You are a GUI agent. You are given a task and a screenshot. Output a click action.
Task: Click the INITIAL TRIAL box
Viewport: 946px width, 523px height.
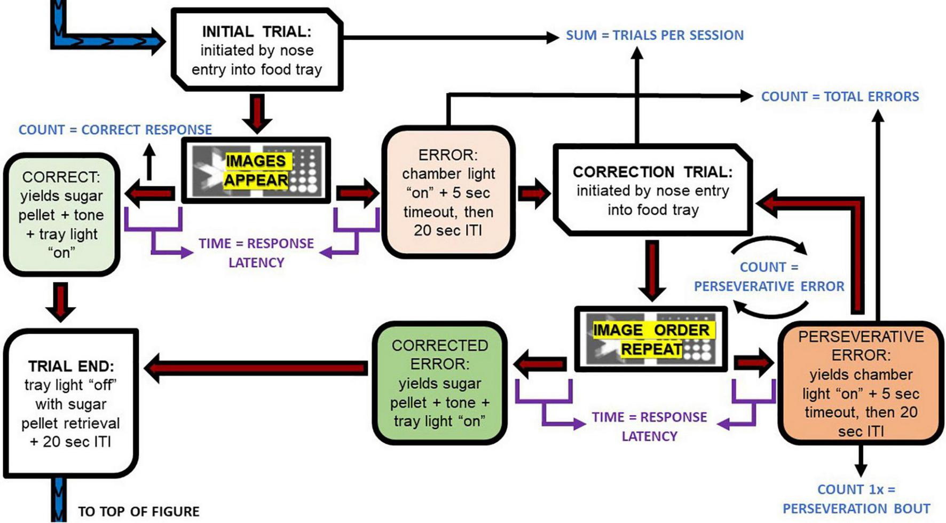pos(257,50)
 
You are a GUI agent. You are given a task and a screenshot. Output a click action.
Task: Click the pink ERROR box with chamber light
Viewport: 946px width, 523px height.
pos(448,192)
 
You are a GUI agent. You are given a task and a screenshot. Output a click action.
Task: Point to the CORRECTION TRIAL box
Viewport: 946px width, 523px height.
pos(652,190)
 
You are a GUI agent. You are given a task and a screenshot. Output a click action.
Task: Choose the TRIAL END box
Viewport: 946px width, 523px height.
pos(71,403)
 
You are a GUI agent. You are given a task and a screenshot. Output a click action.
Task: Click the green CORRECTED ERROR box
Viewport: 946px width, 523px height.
pos(439,383)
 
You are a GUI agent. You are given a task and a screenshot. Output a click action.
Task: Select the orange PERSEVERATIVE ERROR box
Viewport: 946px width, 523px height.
pos(861,383)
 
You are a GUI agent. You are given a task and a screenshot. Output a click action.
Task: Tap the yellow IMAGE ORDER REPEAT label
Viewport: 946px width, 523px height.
pos(651,339)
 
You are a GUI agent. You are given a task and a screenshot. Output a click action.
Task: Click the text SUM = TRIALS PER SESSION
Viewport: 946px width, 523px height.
pos(655,35)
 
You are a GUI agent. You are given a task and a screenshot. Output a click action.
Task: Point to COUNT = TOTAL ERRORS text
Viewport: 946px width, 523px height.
pos(840,97)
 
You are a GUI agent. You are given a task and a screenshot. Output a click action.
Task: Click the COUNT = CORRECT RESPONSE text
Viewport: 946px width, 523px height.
pos(115,130)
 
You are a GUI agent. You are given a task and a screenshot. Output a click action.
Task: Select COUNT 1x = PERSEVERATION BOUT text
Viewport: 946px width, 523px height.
pos(856,499)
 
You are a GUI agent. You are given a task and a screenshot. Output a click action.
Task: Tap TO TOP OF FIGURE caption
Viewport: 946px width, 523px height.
pos(139,512)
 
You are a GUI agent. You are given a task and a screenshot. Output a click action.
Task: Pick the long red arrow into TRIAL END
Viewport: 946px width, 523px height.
pos(256,368)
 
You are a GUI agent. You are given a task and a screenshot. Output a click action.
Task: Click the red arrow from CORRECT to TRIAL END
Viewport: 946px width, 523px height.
pos(60,301)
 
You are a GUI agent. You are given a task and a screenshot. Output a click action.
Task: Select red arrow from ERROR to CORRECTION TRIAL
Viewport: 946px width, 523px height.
pos(533,193)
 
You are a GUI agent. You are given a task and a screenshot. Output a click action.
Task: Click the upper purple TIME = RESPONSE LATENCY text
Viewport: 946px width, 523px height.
pos(256,253)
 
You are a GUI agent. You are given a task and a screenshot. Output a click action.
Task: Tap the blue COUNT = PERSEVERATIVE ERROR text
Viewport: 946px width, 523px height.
pos(769,277)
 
